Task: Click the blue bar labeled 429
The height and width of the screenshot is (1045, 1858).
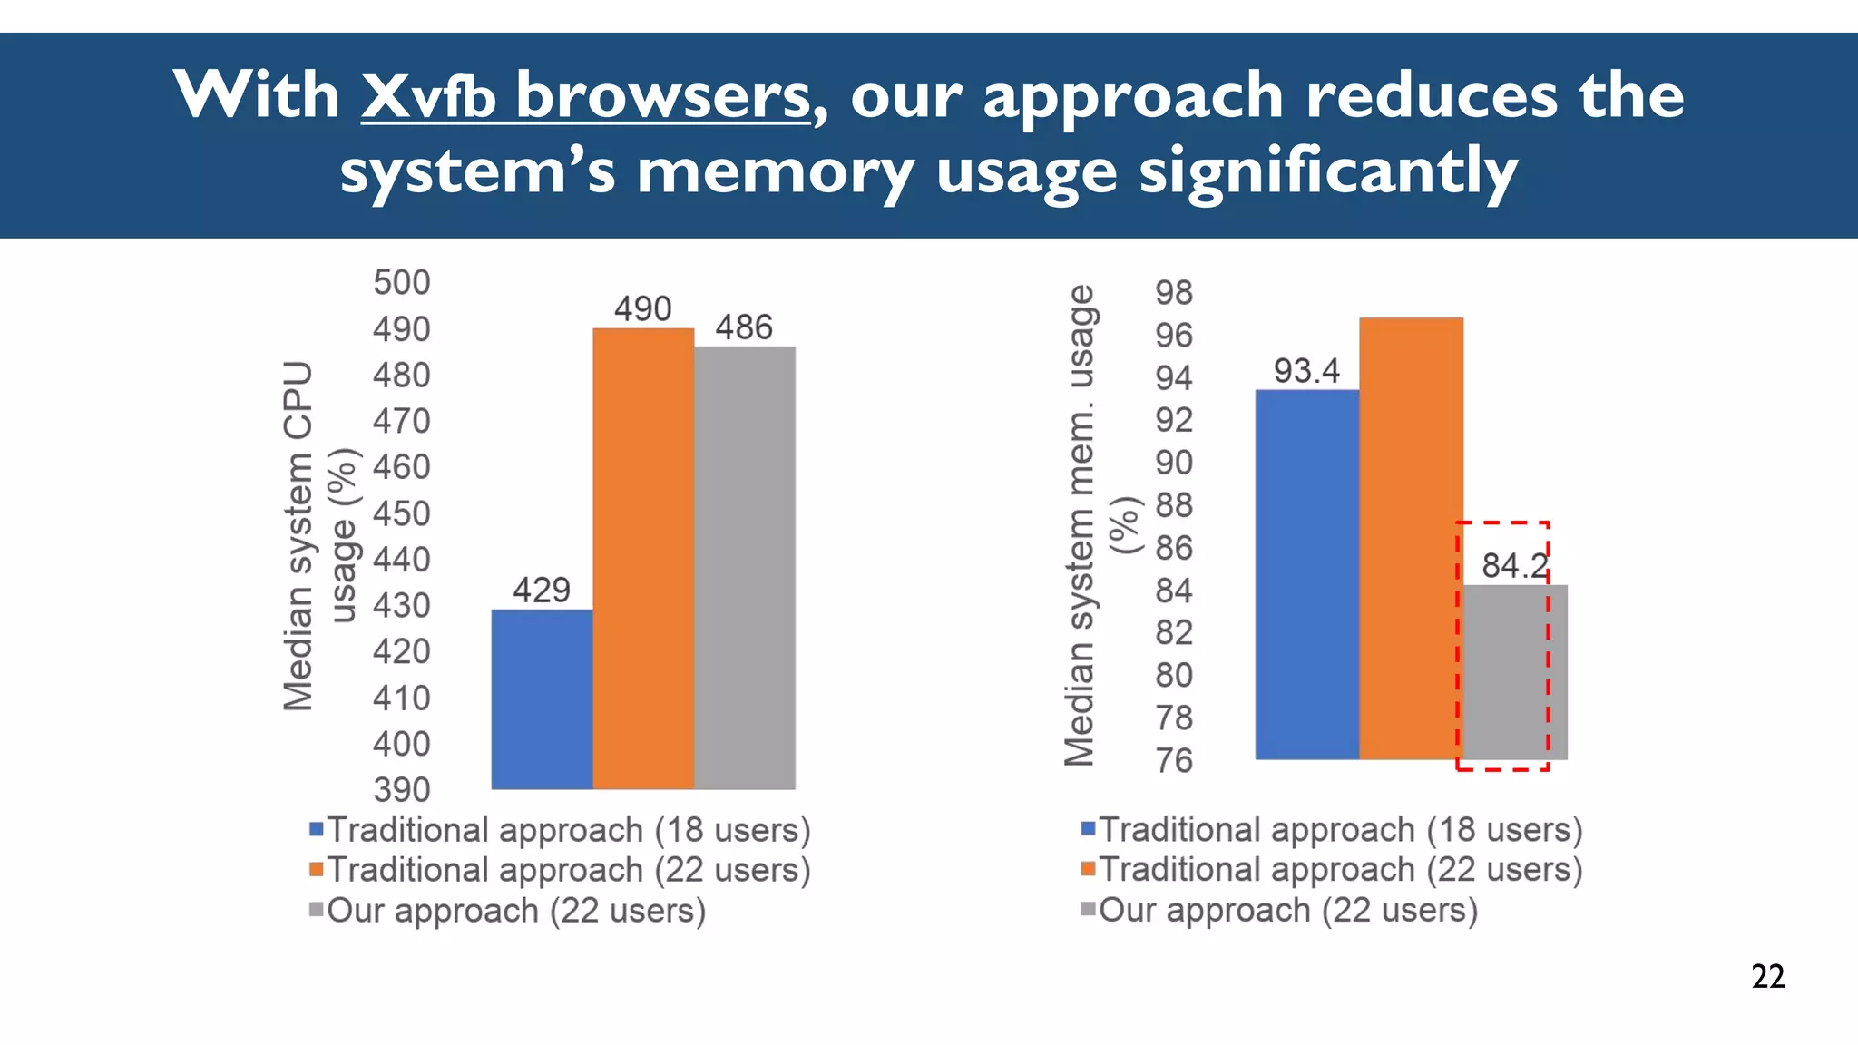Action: pos(542,698)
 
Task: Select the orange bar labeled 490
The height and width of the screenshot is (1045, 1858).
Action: pos(643,558)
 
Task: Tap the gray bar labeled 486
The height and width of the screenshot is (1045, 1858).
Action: pos(745,567)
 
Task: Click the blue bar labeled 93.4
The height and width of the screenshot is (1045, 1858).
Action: pos(1306,574)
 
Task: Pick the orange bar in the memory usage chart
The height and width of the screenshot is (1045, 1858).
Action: pos(1411,538)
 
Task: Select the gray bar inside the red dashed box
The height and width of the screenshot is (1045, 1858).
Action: pos(1513,671)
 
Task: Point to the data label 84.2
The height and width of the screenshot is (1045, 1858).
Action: pos(1514,566)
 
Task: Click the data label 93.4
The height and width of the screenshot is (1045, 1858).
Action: pos(1306,371)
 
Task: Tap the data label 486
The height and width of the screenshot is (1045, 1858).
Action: pos(744,327)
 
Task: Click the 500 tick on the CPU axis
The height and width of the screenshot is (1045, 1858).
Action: pos(402,283)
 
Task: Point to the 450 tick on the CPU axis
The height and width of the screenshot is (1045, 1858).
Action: pos(402,513)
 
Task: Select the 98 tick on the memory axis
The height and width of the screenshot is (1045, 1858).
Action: pos(1174,293)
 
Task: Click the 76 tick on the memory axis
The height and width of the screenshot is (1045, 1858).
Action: pos(1174,760)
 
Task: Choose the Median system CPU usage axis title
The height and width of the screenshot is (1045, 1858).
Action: pos(319,535)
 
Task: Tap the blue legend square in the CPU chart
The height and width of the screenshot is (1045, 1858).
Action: pos(317,829)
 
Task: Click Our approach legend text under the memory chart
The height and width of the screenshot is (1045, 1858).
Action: pos(1288,910)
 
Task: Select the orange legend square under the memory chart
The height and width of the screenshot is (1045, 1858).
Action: pos(1089,870)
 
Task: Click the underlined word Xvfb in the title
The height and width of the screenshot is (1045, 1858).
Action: pos(428,95)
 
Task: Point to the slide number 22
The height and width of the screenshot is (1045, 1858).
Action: pos(1768,976)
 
